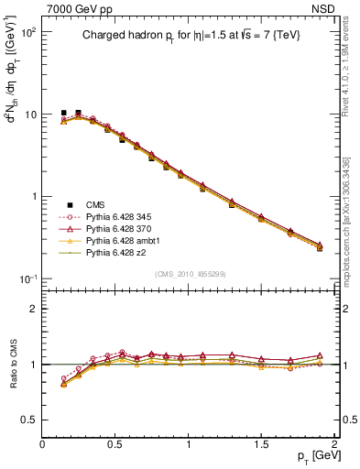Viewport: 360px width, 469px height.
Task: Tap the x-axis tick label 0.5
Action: tap(115, 444)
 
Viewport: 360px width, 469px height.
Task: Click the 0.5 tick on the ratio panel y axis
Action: tap(29, 420)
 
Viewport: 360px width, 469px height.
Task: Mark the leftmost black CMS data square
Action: tap(63, 113)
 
